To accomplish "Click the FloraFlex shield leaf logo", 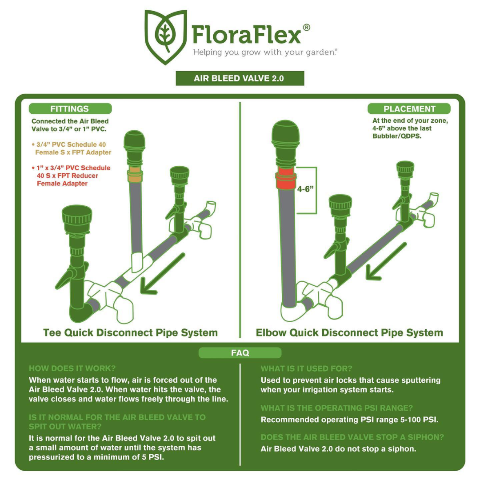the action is [166, 37].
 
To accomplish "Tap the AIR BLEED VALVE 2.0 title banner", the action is [240, 78].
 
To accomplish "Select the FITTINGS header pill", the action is [70, 109].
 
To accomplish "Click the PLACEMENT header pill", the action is [409, 109].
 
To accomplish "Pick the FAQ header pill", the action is [240, 352].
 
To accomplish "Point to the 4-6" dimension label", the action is [305, 189].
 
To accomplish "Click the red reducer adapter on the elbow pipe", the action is [286, 179].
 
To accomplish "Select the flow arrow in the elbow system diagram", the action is [386, 261].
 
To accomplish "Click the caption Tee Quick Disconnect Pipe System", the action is [130, 332].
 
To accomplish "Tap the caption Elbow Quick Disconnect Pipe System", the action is [349, 332].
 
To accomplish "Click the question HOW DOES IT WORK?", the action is [72, 368].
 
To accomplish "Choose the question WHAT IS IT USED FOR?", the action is [306, 368].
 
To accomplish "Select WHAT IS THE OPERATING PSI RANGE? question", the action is [337, 408].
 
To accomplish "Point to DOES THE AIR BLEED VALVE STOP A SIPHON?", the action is [352, 437].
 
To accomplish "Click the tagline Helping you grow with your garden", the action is [265, 52].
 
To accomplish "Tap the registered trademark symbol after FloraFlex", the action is [306, 28].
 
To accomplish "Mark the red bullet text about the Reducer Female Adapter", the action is [71, 176].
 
